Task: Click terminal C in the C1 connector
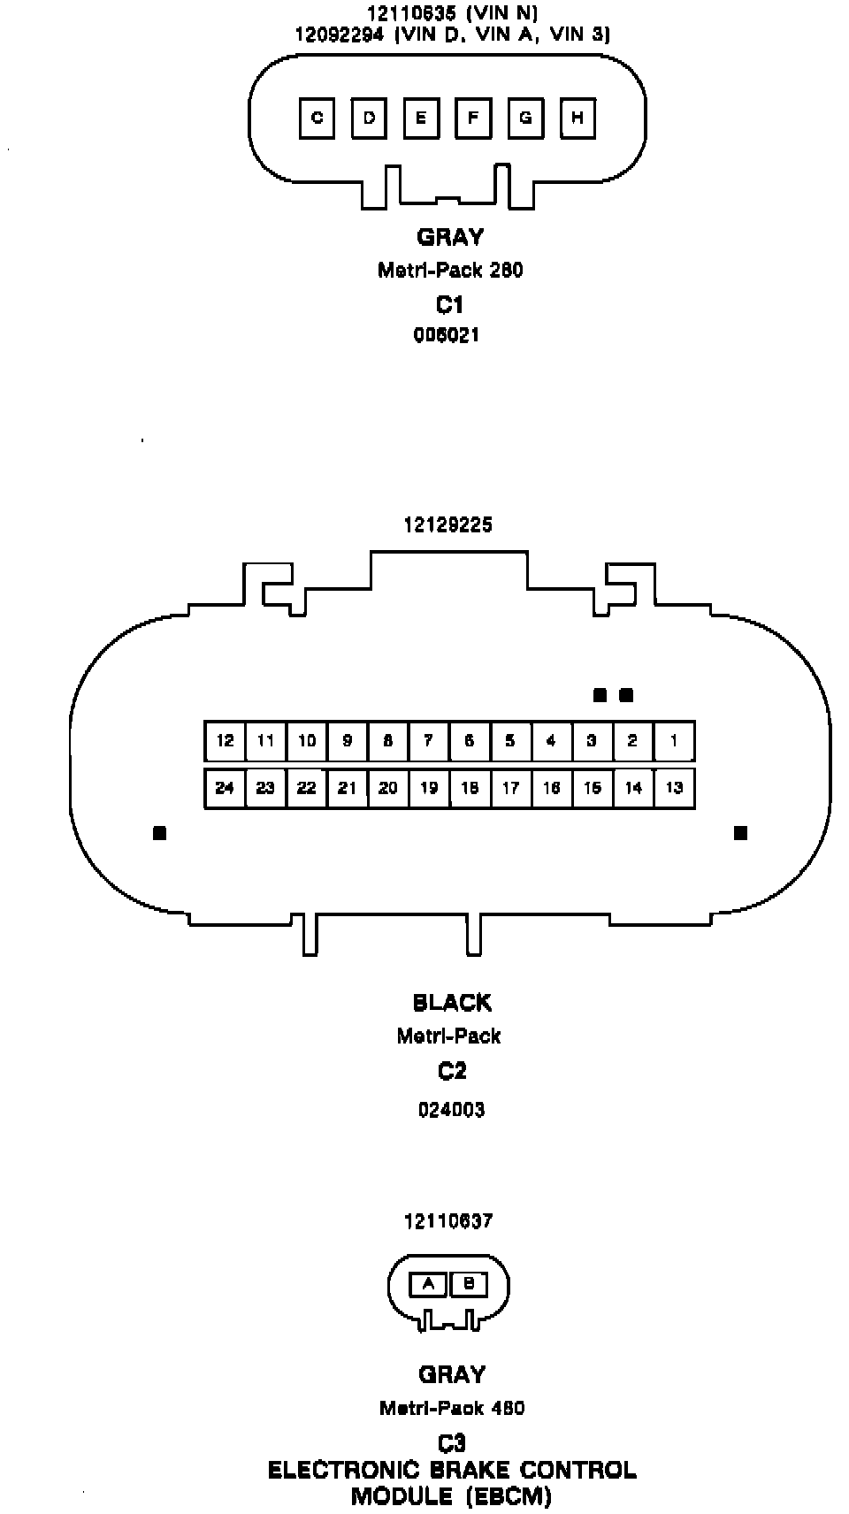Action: [317, 118]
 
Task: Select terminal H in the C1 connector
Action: [577, 118]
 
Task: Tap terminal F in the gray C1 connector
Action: [473, 118]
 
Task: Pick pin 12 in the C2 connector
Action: [225, 741]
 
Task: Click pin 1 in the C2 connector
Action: [674, 741]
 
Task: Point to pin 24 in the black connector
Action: [225, 787]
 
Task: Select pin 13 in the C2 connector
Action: [674, 787]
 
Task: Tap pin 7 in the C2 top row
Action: [429, 741]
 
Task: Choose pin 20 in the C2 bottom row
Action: [387, 787]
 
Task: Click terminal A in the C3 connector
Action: [429, 1283]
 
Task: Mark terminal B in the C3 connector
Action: [469, 1283]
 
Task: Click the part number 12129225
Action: [448, 524]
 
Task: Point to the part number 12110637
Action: [448, 1221]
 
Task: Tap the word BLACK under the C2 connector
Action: [452, 1003]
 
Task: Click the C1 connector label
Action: [449, 305]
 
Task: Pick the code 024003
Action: [452, 1110]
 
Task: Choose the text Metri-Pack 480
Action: [452, 1408]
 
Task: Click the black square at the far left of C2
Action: [159, 833]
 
